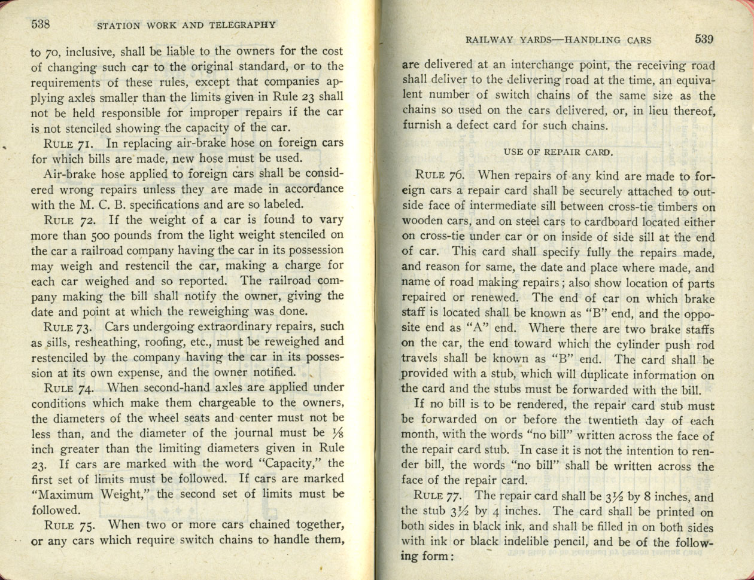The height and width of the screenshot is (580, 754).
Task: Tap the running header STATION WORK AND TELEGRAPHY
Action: pyautogui.click(x=186, y=25)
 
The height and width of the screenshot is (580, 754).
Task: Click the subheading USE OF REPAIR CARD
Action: pyautogui.click(x=558, y=152)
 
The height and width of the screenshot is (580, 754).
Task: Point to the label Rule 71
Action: pyautogui.click(x=68, y=144)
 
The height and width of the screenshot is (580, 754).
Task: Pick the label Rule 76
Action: pyautogui.click(x=440, y=176)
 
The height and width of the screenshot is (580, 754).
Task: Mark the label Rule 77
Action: pyautogui.click(x=439, y=496)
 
